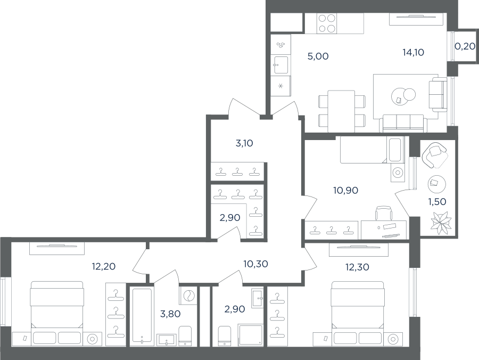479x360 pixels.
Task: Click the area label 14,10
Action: coord(414,53)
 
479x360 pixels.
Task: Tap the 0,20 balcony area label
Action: coord(465,46)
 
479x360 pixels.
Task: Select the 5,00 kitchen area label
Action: coord(318,56)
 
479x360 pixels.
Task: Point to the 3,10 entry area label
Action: coord(244,143)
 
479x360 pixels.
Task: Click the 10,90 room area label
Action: coord(346,191)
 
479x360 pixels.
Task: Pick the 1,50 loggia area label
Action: coord(437,202)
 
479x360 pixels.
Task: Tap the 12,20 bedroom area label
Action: coord(104,266)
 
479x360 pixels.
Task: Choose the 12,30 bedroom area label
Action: coord(358,267)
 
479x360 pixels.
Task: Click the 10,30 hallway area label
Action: coord(255,264)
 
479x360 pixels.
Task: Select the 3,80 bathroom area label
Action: coord(170,314)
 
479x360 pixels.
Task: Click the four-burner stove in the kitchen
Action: coord(327,23)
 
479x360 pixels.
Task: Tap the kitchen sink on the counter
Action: coord(281,65)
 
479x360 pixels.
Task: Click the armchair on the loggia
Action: coord(434,154)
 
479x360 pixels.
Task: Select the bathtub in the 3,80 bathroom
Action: coord(142,315)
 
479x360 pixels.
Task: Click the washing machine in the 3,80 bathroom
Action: coord(188,296)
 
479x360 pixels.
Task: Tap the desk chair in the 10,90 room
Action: coord(384,213)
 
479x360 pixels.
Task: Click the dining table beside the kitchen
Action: coord(341,111)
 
